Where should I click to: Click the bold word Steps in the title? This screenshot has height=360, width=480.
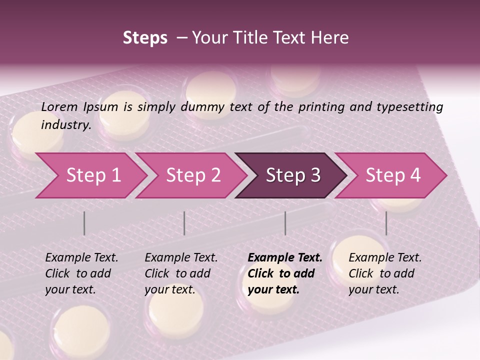coord(145,38)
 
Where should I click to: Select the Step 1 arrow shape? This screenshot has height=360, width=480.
coord(90,175)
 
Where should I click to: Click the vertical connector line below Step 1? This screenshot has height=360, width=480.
coord(84,223)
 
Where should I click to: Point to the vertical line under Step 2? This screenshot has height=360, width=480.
coord(184,223)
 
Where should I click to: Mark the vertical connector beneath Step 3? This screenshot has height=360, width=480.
coord(285,223)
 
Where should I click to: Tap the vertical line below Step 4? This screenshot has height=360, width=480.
coord(386,223)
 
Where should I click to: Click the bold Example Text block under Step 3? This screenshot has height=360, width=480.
coord(285,273)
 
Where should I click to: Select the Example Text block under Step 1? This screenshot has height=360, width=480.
coord(81,273)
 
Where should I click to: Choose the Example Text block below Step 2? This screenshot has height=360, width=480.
coord(181,273)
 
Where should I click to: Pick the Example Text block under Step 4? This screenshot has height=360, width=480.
coord(385,273)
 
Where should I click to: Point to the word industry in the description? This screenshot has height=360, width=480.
coord(66,124)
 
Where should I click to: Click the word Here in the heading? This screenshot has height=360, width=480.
coord(332,38)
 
